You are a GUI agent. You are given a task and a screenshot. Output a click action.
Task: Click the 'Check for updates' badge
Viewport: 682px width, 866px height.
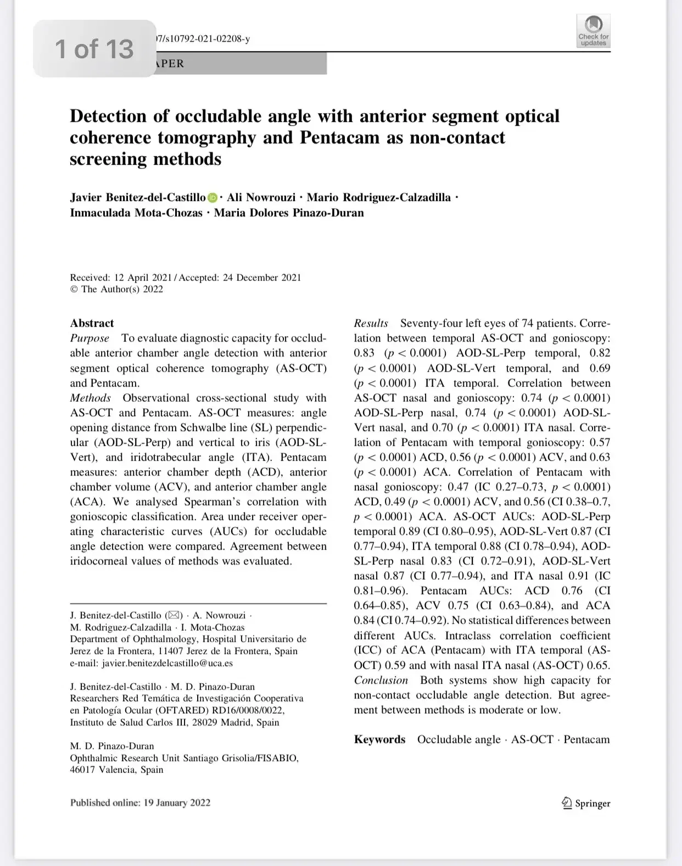pos(593,31)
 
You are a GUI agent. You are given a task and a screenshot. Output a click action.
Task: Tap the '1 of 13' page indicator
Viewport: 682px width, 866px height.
pos(94,49)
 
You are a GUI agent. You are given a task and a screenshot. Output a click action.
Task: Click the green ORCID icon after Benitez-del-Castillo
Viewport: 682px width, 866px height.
pos(213,198)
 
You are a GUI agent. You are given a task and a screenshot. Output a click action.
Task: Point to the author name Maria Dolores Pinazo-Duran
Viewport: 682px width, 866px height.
pos(289,213)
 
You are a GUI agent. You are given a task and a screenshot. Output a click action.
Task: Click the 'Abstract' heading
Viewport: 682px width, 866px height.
pos(92,323)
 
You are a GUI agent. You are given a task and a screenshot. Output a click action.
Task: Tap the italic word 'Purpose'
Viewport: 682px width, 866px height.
pos(90,338)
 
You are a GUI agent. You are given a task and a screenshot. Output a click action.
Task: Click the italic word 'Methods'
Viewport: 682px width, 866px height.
pos(90,398)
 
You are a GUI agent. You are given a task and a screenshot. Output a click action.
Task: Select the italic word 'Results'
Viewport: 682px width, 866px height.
pos(371,323)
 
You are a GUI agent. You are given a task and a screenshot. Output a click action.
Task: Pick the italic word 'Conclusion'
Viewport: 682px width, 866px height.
pos(381,680)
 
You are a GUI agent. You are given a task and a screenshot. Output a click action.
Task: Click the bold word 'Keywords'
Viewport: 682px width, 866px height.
pos(379,740)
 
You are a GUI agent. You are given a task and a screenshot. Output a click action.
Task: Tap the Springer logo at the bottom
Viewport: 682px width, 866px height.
pos(585,803)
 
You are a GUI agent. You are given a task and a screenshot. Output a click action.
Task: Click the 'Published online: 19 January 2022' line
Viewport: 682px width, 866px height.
pos(140,803)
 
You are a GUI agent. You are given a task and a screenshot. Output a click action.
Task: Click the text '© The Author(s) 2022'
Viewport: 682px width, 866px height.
pos(116,289)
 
